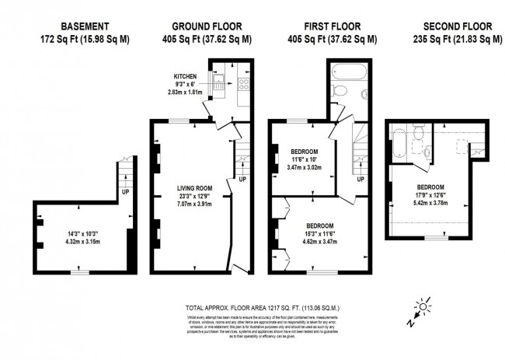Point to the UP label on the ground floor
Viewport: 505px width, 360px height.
[243, 179]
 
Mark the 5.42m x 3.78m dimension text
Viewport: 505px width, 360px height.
[430, 202]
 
